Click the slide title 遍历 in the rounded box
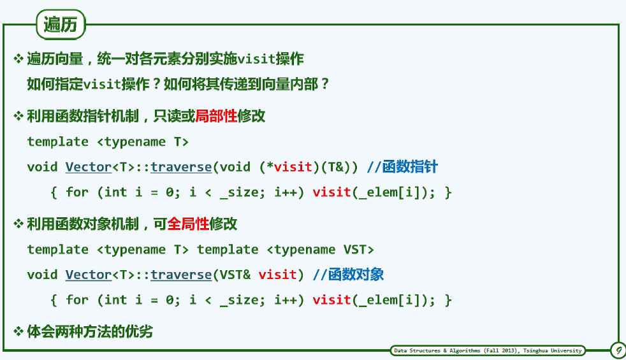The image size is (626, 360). (x=61, y=24)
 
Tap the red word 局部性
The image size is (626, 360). (x=216, y=116)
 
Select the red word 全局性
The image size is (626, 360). (x=188, y=224)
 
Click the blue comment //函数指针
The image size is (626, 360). (x=402, y=167)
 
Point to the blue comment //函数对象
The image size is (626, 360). (x=348, y=275)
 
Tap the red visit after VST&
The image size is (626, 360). (x=277, y=275)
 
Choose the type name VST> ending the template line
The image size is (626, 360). (x=358, y=250)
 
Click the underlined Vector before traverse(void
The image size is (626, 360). (x=89, y=167)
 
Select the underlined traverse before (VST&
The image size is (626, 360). (x=181, y=275)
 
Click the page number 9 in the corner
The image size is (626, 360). (x=618, y=350)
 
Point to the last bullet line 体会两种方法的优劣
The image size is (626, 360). (x=90, y=332)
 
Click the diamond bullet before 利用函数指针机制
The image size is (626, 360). (x=18, y=116)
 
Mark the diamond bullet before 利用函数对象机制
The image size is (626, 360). (x=18, y=224)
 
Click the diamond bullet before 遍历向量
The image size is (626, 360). (x=18, y=59)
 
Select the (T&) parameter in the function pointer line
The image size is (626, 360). (x=336, y=167)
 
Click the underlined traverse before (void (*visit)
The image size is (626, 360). (x=181, y=167)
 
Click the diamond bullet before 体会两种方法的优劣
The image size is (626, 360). (x=18, y=332)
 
